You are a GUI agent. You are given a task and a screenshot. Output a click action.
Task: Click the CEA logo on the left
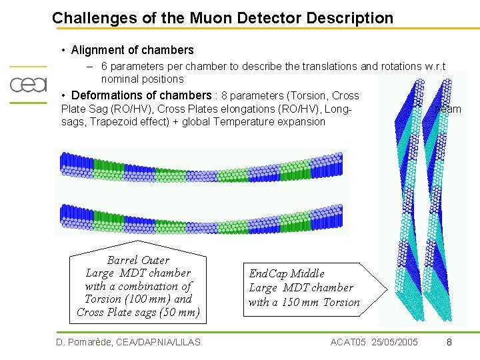point(28,85)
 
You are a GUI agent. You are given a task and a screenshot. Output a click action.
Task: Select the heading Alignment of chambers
point(132,50)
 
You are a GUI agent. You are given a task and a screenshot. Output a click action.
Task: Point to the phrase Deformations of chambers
point(141,95)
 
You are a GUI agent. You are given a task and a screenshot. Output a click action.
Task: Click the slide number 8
point(449,342)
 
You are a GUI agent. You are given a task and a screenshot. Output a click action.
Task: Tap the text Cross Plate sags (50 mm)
point(138,312)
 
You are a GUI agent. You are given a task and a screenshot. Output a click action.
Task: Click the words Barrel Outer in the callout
point(138,260)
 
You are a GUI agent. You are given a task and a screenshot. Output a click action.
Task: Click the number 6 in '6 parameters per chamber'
point(105,67)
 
